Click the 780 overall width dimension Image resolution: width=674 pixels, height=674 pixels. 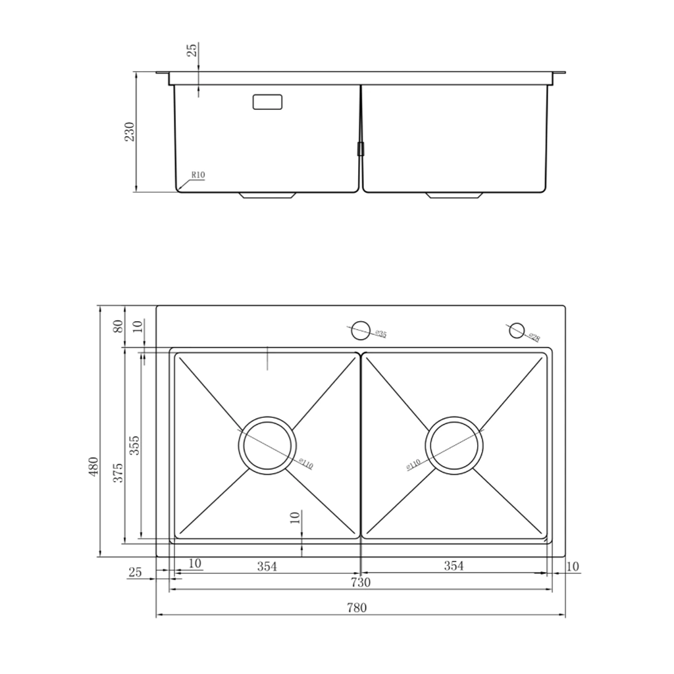click(357, 608)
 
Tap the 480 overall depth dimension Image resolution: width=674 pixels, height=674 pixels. click(93, 466)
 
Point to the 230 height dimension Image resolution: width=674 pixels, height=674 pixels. click(130, 132)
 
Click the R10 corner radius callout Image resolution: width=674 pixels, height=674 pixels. click(198, 175)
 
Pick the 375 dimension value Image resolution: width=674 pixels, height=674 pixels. click(118, 473)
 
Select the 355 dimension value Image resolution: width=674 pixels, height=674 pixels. click(134, 446)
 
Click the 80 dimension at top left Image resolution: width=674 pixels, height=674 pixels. click(118, 326)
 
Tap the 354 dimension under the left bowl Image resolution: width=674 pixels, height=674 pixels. click(267, 566)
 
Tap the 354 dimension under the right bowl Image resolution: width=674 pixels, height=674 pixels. click(454, 565)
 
